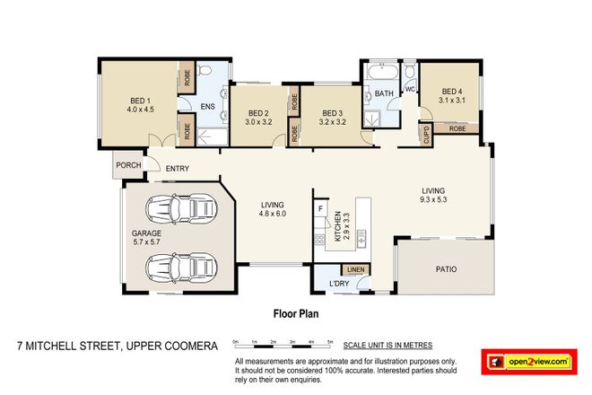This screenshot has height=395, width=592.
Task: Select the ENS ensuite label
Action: pyautogui.click(x=207, y=107)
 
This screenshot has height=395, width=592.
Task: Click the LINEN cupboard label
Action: pyautogui.click(x=354, y=270)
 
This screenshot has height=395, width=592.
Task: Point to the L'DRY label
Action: pyautogui.click(x=339, y=285)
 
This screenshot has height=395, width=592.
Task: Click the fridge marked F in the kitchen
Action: pyautogui.click(x=320, y=209)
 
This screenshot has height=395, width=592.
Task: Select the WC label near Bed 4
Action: pyautogui.click(x=408, y=90)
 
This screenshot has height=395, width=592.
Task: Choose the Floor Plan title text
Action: pyautogui.click(x=296, y=315)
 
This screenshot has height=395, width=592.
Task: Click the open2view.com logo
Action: pyautogui.click(x=529, y=361)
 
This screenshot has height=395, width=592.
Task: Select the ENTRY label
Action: pyautogui.click(x=178, y=167)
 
